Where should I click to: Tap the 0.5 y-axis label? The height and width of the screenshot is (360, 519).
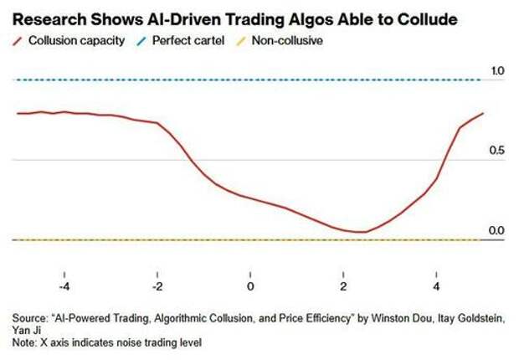coord(497,151)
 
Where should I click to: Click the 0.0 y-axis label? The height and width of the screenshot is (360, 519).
coord(497,230)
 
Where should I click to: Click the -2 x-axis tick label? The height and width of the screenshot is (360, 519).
coord(157,285)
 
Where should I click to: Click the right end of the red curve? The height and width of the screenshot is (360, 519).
coord(483,113)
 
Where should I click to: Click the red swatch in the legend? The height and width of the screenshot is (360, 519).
coord(17,40)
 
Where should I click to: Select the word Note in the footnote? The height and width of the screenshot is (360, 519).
coord(24,342)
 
